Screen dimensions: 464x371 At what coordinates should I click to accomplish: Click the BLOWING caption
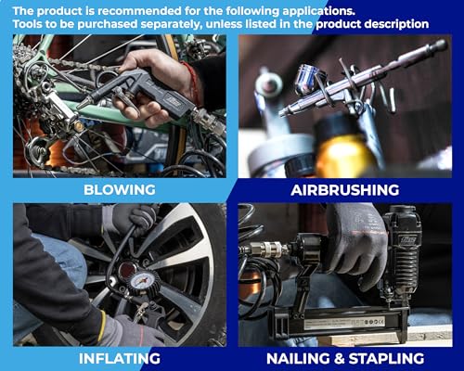click(x=120, y=190)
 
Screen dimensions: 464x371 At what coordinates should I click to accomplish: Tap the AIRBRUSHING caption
click(x=345, y=190)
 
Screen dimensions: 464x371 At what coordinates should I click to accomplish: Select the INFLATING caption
click(x=120, y=359)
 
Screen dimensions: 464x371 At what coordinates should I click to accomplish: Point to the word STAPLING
click(x=386, y=359)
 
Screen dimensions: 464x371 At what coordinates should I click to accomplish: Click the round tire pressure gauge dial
click(x=142, y=281)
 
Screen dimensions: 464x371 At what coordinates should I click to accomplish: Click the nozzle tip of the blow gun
click(x=81, y=105)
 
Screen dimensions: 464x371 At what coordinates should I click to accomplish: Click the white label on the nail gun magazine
click(x=344, y=322)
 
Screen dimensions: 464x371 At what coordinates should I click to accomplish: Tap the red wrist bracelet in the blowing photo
click(x=193, y=82)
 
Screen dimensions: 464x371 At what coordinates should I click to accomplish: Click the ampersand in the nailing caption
click(x=340, y=359)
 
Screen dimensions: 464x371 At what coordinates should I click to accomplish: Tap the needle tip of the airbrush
click(x=281, y=114)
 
